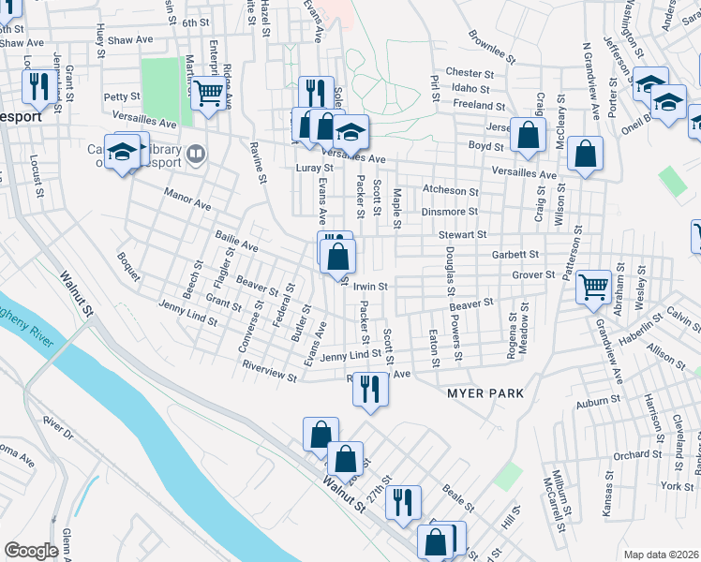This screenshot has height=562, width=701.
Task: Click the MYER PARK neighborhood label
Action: coord(485,393)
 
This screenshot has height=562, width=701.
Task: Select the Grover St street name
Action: coord(534,274)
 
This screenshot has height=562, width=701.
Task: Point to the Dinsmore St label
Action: coord(450,212)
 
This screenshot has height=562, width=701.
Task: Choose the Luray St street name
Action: coord(314,168)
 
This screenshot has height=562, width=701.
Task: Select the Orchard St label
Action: coord(638,455)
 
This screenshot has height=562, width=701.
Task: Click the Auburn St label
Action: coord(592,404)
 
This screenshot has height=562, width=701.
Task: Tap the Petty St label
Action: coord(122,96)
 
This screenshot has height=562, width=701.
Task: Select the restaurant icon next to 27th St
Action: coord(402,501)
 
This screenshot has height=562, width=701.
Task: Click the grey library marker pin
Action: coord(196,153)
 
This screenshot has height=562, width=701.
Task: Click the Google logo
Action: coord(31,551)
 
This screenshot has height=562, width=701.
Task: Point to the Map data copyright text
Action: coord(662,555)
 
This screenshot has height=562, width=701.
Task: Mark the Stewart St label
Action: coord(467,234)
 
